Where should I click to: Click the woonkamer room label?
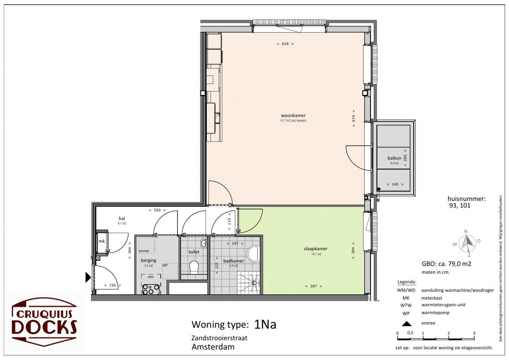click(x=293, y=115)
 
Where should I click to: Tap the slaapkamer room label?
click(x=316, y=249)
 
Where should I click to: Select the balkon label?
click(x=394, y=158)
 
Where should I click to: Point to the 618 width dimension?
click(x=285, y=44)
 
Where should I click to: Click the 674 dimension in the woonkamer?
click(x=354, y=119)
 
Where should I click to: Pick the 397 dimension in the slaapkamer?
click(x=314, y=286)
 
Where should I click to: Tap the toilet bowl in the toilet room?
click(x=194, y=267)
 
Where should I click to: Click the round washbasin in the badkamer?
click(x=254, y=254)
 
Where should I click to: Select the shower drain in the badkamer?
click(x=254, y=282)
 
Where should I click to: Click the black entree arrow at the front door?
click(x=88, y=277)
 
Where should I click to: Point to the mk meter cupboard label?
click(x=101, y=241)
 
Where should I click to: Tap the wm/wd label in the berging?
click(x=144, y=251)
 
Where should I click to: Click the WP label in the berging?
click(x=165, y=265)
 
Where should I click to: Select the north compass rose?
click(x=467, y=243)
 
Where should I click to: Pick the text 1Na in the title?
click(x=265, y=324)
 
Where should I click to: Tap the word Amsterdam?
click(x=213, y=347)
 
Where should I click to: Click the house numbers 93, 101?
click(x=460, y=205)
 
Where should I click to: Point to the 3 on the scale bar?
click(x=474, y=333)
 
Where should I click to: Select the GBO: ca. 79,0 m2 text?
click(x=447, y=264)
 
